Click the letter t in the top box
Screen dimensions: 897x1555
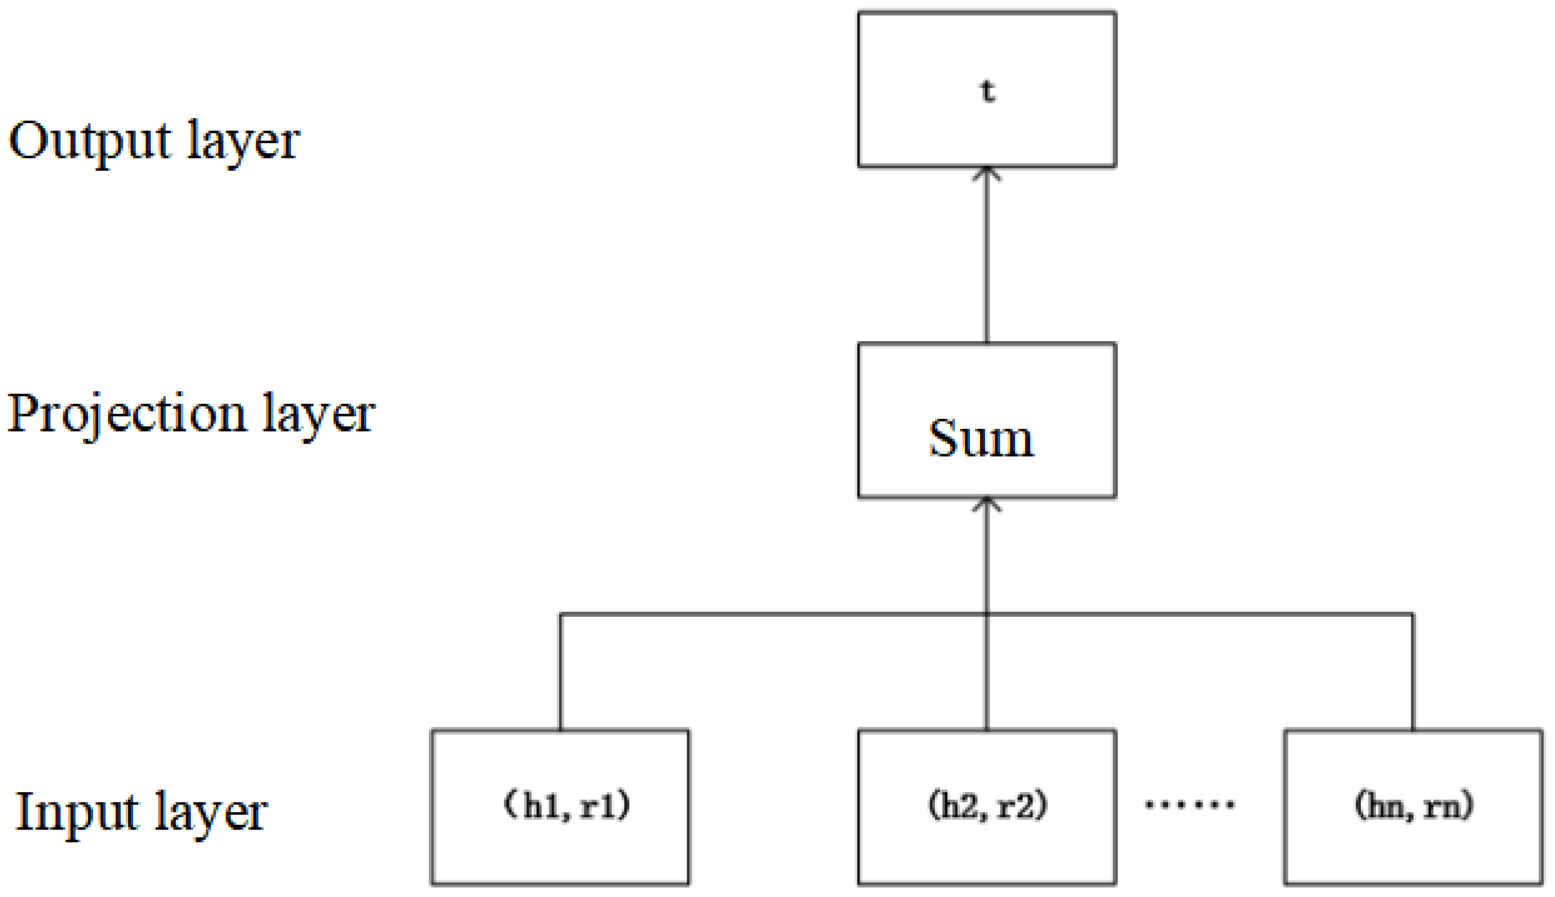(987, 91)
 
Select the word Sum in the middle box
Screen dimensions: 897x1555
(981, 438)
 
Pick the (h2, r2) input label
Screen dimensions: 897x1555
(988, 806)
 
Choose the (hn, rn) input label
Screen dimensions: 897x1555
(1413, 806)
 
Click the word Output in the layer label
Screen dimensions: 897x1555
(90, 142)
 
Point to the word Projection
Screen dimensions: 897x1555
(126, 415)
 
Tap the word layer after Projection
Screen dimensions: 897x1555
(319, 415)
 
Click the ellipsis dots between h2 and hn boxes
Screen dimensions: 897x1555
(1190, 804)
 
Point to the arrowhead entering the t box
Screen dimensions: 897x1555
(986, 173)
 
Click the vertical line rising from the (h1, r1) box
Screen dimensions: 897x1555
(560, 672)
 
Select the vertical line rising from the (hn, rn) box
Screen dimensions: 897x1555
(1413, 672)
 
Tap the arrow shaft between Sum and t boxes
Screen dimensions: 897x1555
(986, 258)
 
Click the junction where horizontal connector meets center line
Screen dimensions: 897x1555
(986, 614)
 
